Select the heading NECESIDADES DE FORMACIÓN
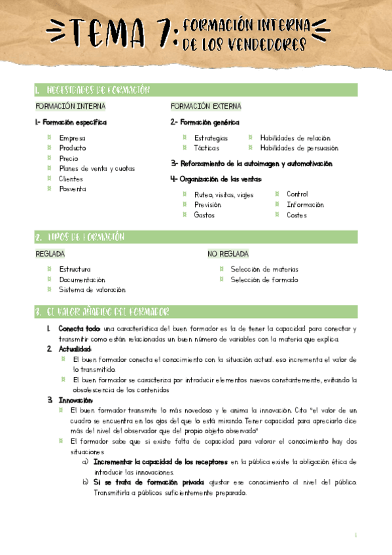pos(98,90)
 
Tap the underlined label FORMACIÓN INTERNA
pos(71,106)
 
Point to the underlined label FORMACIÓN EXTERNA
pos(205,106)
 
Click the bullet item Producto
pos(72,149)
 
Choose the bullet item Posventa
pos(72,189)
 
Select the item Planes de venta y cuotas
pos(97,169)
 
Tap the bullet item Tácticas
pos(207,149)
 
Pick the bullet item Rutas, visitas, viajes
pos(223,194)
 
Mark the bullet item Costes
pos(296,215)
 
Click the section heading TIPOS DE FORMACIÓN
pos(85,237)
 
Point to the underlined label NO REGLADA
pos(228,254)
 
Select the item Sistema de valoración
pos(92,290)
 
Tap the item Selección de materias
pos(264,270)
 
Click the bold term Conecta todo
pos(79,329)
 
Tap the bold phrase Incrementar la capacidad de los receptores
pos(161,462)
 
